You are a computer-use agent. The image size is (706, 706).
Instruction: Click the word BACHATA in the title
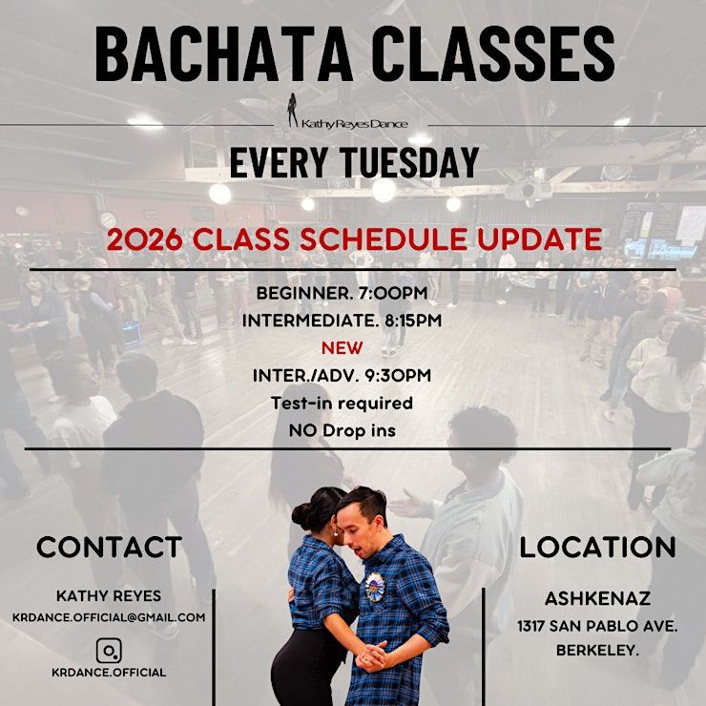[x=223, y=53]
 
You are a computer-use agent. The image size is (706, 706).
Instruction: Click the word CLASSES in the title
[x=493, y=53]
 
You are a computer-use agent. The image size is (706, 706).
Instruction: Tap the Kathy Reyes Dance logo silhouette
[x=293, y=110]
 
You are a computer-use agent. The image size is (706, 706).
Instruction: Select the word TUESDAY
[x=409, y=161]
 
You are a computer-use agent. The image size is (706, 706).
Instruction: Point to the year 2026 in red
[x=144, y=239]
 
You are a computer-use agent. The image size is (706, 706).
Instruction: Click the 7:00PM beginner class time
[x=392, y=294]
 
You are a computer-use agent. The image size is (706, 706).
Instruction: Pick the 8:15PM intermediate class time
[x=413, y=321]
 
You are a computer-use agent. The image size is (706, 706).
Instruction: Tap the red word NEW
[x=343, y=348]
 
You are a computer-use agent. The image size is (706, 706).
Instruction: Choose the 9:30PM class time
[x=398, y=376]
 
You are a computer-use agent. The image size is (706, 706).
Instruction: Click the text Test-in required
[x=343, y=403]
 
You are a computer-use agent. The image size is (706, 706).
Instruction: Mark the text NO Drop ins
[x=343, y=430]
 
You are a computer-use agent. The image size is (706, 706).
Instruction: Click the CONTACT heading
[x=110, y=547]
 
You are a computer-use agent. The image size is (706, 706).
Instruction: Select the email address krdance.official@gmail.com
[x=109, y=617]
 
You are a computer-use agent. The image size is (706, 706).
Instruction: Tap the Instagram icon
[x=109, y=650]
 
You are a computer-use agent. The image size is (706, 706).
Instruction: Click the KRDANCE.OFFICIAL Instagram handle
[x=109, y=673]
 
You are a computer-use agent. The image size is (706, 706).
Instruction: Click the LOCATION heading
[x=598, y=547]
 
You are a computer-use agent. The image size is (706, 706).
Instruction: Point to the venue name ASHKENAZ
[x=598, y=598]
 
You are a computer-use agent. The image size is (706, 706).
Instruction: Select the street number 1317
[x=531, y=626]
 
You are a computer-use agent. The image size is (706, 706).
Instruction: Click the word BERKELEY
[x=597, y=650]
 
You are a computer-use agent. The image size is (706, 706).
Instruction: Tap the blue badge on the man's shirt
[x=375, y=587]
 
